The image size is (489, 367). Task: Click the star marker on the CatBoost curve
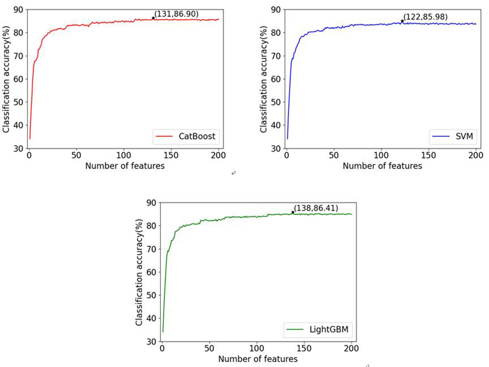click(153, 18)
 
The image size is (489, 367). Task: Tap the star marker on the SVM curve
click(402, 21)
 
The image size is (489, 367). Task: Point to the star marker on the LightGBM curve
click(293, 212)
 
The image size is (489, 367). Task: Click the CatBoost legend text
click(197, 136)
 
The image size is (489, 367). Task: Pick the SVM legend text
click(464, 136)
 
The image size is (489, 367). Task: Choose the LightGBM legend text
click(329, 330)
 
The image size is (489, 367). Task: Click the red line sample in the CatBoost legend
click(164, 136)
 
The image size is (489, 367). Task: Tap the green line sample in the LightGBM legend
click(295, 330)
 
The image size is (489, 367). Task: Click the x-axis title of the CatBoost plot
click(125, 166)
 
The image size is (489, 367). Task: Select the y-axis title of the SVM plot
click(263, 79)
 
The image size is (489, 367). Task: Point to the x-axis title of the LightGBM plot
click(258, 359)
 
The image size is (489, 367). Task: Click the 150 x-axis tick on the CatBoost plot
click(171, 155)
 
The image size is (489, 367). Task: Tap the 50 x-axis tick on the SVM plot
click(334, 155)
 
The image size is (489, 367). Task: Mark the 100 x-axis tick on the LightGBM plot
click(257, 349)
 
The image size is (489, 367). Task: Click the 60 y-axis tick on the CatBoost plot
click(19, 79)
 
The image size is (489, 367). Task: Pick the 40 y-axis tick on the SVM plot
click(276, 125)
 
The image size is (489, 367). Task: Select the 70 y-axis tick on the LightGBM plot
click(152, 249)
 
